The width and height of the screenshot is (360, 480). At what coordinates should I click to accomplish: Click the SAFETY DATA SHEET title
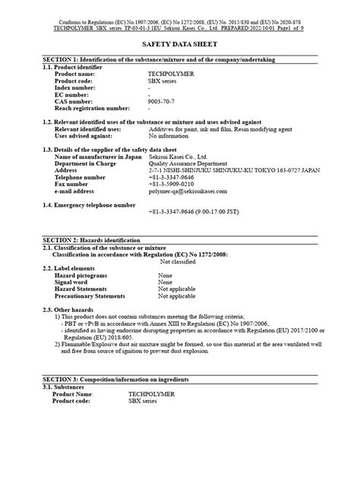pos(179,45)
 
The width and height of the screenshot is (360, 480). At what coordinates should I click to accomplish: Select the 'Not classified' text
pos(184,261)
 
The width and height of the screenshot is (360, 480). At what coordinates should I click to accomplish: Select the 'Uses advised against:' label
pos(89,135)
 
